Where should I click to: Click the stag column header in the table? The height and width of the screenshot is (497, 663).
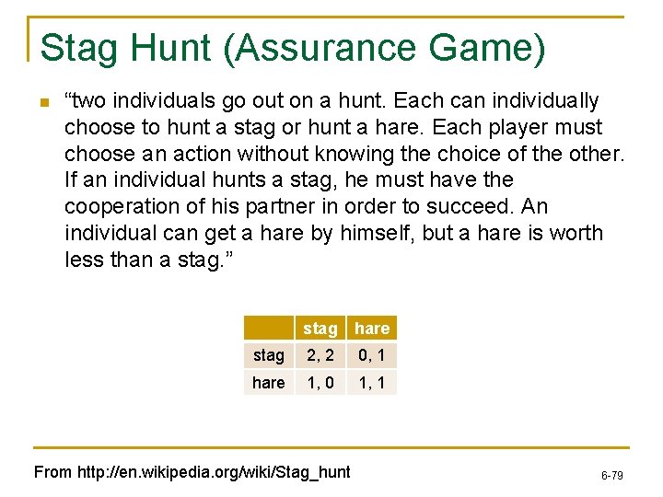(x=320, y=329)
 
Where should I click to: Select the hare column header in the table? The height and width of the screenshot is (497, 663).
(x=372, y=329)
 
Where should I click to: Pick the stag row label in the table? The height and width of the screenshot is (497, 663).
(x=268, y=355)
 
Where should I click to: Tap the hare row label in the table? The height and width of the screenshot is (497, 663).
(x=268, y=382)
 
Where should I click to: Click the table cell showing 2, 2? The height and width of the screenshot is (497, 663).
(x=320, y=355)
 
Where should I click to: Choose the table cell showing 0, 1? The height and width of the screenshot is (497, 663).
(x=372, y=355)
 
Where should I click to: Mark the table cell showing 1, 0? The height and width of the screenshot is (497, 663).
(x=320, y=382)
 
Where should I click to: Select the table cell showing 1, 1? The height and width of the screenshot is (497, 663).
(x=372, y=382)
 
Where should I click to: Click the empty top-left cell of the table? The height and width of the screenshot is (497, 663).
(x=268, y=329)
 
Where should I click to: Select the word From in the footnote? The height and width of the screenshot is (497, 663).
(x=52, y=472)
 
